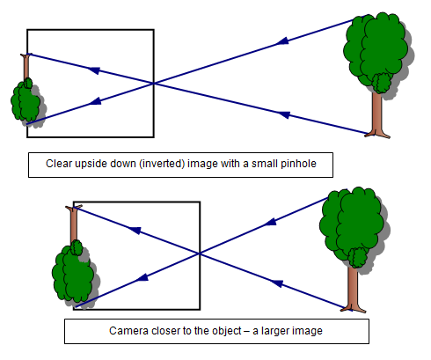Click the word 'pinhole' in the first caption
[x=298, y=164]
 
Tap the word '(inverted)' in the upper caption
[x=162, y=164]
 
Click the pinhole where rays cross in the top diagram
[x=154, y=84]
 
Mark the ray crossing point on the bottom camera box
[x=200, y=253]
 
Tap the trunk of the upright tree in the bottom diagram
[x=353, y=289]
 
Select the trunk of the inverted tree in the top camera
[x=26, y=68]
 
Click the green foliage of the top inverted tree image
[x=26, y=101]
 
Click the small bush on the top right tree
[x=382, y=83]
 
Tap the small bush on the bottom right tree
[x=358, y=257]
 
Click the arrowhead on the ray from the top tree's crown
[x=282, y=41]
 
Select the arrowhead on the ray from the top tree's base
[x=283, y=114]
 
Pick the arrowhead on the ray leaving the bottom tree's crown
[x=270, y=223]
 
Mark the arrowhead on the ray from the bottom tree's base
[x=276, y=283]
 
